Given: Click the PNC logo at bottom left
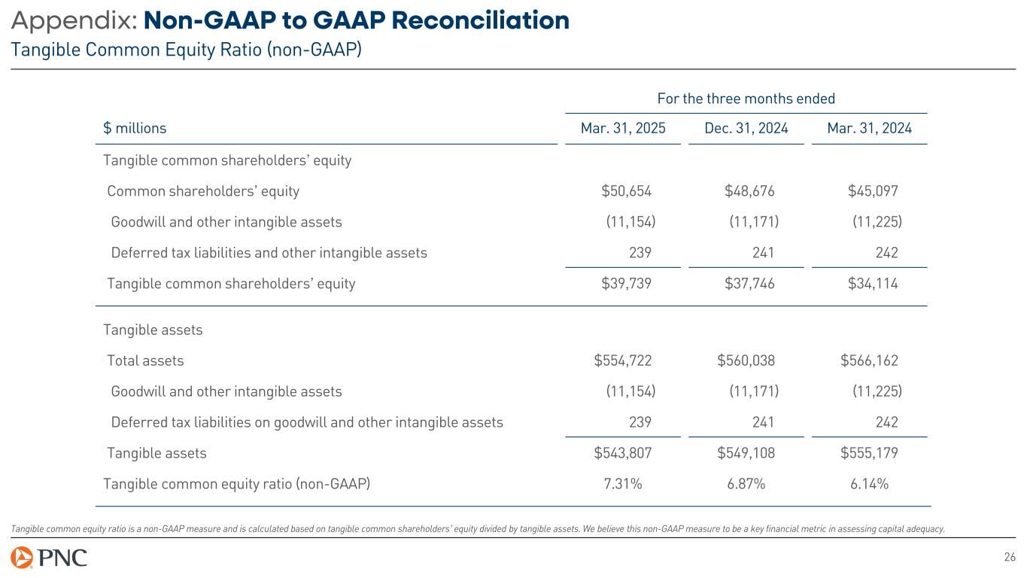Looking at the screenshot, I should point(49,558).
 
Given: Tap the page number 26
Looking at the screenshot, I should point(1010,558).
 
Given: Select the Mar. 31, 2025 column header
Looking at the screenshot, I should point(623,129).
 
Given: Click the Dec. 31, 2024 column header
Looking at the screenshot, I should point(746,129).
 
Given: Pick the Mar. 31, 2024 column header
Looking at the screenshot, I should point(869,129).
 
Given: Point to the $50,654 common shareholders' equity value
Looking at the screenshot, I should point(626,191).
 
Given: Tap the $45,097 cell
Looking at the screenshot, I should point(873,191).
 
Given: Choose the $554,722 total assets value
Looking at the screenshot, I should point(623,360).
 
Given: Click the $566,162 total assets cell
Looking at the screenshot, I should point(869,360).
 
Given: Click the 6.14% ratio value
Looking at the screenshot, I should point(869,484).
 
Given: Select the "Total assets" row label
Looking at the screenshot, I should point(145,360).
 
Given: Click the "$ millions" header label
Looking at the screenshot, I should point(135,129).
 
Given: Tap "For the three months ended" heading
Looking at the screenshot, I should point(746,99).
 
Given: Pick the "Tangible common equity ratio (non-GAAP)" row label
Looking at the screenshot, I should point(236,484).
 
